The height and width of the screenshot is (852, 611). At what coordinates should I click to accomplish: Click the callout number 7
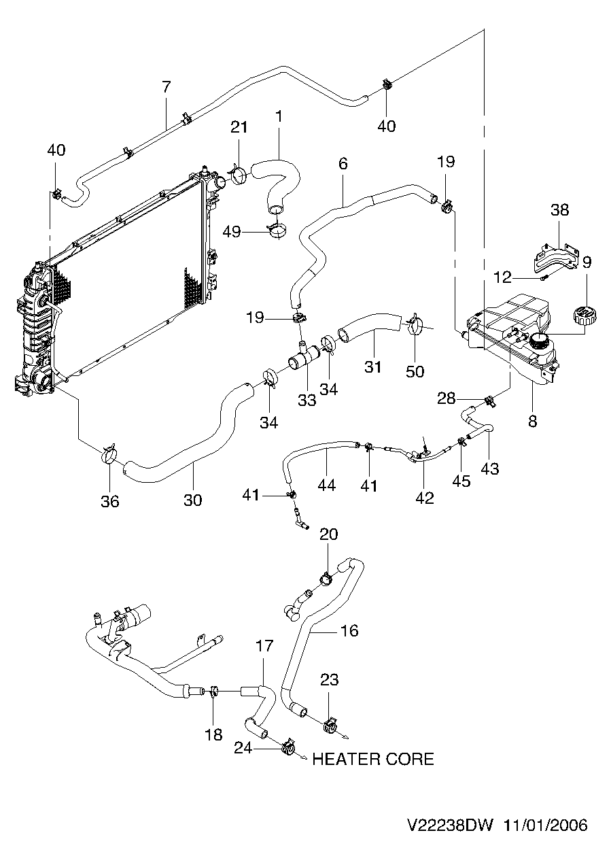click(167, 87)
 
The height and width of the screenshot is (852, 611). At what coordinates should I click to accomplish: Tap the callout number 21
click(239, 127)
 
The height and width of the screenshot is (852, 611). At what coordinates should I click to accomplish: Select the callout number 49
click(232, 231)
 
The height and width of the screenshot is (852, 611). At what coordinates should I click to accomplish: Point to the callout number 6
click(343, 164)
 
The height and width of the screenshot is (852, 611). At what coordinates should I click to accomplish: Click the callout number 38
click(559, 209)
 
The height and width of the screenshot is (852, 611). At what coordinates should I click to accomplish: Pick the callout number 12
click(502, 277)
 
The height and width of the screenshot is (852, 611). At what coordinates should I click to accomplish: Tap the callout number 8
click(533, 421)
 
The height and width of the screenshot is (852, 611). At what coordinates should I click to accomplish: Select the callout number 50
click(415, 371)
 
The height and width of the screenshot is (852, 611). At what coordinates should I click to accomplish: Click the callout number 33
click(307, 400)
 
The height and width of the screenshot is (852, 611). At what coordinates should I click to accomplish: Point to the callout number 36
click(110, 501)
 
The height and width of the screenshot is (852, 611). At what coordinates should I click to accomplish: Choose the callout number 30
click(193, 500)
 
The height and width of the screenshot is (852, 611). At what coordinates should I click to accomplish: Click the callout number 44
click(327, 485)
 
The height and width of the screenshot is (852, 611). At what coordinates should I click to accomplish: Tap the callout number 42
click(425, 498)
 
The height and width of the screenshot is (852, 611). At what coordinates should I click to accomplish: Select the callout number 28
click(446, 398)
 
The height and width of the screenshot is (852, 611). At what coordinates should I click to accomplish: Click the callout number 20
click(328, 534)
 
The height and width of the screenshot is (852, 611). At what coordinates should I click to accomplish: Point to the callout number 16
click(350, 630)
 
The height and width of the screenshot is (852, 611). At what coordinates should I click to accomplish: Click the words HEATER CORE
click(373, 760)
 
